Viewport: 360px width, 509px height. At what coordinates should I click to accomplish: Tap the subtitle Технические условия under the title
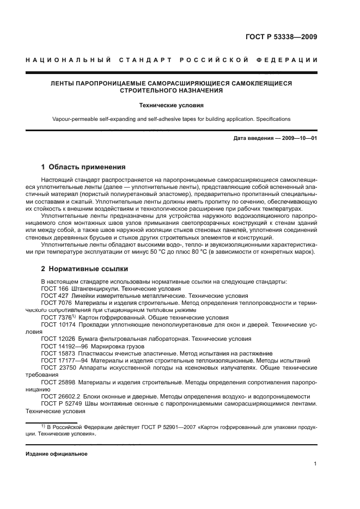180,106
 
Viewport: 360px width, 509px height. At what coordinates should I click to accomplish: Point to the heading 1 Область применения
83,167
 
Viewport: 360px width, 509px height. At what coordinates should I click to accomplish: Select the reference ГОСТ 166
54,289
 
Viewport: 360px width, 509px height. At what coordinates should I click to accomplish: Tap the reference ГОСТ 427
54,296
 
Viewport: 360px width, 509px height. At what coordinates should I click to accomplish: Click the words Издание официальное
57,453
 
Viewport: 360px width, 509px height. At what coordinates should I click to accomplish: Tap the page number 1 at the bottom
315,464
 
